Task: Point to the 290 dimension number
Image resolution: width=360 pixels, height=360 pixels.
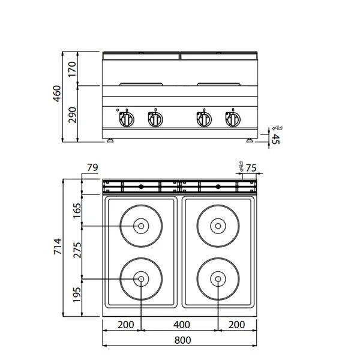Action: [x=73, y=114]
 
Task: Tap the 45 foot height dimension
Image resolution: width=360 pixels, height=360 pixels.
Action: [x=276, y=139]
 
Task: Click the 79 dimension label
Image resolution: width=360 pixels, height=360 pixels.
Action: [x=92, y=167]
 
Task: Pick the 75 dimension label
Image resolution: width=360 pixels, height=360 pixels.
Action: [x=251, y=167]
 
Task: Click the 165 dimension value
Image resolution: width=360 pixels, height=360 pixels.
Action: [x=76, y=211]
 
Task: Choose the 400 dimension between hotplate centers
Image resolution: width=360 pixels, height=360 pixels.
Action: [x=181, y=325]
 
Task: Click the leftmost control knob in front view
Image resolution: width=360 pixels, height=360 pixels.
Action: [x=128, y=118]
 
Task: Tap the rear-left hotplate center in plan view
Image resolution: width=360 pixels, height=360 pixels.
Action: [x=140, y=226]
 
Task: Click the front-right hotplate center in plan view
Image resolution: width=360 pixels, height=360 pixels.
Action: [x=217, y=279]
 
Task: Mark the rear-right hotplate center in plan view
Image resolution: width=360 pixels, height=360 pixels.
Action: [x=217, y=226]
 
